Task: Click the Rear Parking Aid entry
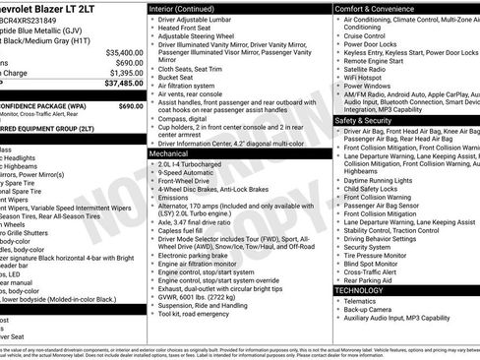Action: click(372, 279)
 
